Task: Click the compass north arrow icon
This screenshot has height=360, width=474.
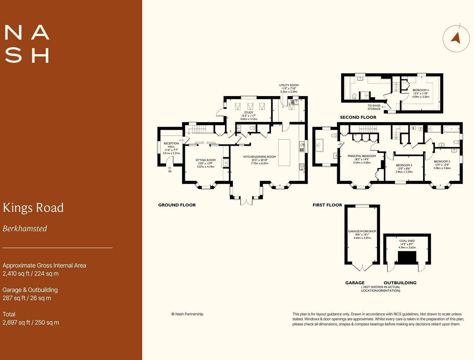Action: click(x=456, y=38)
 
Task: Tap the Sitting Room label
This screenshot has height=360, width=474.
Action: click(x=205, y=160)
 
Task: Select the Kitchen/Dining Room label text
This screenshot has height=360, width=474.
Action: click(x=259, y=157)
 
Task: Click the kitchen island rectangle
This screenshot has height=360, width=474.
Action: click(x=284, y=152)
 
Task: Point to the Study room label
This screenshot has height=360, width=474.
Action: click(x=249, y=113)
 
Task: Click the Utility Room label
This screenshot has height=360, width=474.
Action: click(x=289, y=85)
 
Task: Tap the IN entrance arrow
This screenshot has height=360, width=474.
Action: click(x=170, y=169)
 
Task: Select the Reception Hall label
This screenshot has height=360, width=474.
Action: click(x=171, y=145)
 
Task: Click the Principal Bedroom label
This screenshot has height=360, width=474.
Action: click(x=362, y=156)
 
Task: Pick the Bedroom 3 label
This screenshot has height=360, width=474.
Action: click(x=404, y=165)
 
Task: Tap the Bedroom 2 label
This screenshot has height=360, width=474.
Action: click(x=442, y=161)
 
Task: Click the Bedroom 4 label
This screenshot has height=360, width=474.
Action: click(x=421, y=90)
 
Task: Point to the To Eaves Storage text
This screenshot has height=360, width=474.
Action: click(x=374, y=107)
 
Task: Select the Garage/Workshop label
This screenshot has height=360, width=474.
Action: click(x=362, y=231)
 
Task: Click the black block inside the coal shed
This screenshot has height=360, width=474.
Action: click(x=407, y=257)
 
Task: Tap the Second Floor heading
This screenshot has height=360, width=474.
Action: click(x=358, y=117)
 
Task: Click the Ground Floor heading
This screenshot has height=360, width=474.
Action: click(x=177, y=205)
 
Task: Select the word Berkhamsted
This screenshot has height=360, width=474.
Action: click(x=25, y=229)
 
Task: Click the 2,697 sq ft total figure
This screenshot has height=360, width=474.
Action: click(x=16, y=322)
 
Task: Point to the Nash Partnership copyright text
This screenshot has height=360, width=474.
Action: click(x=187, y=314)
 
